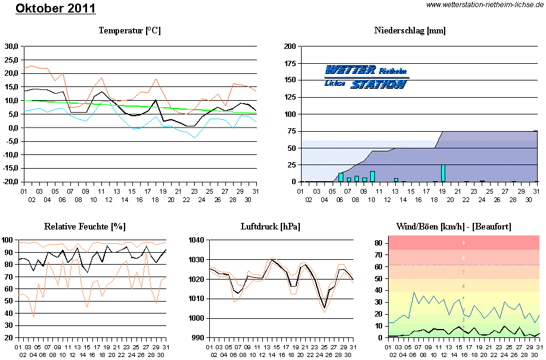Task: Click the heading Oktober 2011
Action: (55, 9)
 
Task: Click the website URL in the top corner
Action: (485, 5)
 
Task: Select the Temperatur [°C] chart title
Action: (129, 30)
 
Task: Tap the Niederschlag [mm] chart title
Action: (409, 30)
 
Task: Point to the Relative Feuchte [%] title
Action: (85, 226)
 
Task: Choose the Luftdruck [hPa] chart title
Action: (270, 226)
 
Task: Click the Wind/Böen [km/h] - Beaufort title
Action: (454, 226)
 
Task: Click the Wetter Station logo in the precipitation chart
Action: (366, 77)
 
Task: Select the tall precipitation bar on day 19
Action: (443, 173)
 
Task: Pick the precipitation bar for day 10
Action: (372, 176)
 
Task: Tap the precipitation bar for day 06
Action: (340, 177)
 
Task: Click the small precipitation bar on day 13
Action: (396, 179)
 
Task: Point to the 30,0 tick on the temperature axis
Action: (11, 46)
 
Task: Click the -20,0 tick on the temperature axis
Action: (10, 182)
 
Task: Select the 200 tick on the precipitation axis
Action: (290, 46)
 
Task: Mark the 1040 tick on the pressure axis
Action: (197, 240)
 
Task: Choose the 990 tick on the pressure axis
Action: (198, 338)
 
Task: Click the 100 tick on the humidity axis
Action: (8, 240)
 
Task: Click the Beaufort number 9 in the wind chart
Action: (463, 243)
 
